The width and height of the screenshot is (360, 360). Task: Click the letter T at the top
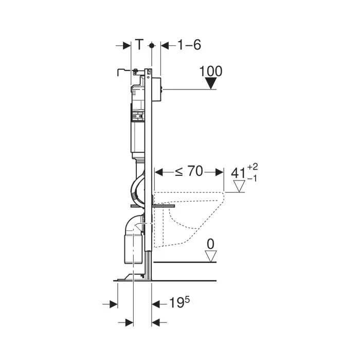[x=139, y=45]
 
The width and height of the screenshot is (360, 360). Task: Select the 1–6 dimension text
[x=189, y=45]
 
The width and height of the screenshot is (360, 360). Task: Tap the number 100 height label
[x=211, y=71]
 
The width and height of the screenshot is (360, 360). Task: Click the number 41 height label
[x=238, y=173]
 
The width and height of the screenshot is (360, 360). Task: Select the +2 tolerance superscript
[x=253, y=167]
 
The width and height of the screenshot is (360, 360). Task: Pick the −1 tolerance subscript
[x=253, y=178]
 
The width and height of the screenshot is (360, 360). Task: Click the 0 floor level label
[x=210, y=243]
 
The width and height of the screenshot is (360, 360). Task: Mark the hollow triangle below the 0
[x=210, y=256]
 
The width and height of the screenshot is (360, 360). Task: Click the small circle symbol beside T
[x=151, y=46]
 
